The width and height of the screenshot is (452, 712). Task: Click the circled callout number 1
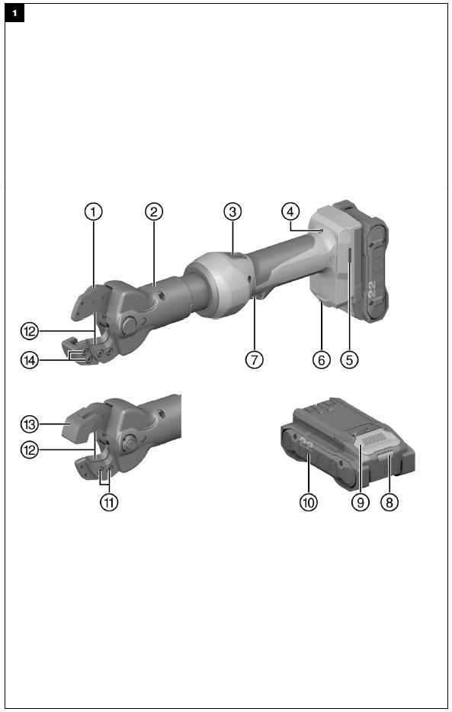point(93,212)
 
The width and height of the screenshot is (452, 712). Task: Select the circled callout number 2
point(153,212)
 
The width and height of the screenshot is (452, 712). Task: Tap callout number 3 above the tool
point(232,211)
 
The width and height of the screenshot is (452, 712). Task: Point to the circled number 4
point(290,211)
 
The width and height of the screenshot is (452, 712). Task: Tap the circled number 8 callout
point(389,503)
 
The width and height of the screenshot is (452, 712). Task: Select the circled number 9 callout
point(359,503)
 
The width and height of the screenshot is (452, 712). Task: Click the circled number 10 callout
point(308,503)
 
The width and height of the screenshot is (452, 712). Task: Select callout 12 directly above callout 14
point(29,331)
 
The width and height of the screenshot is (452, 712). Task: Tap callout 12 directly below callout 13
point(29,450)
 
